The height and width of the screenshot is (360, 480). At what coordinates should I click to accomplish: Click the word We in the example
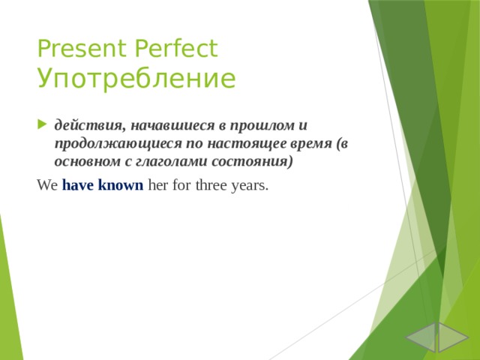[x=46, y=185]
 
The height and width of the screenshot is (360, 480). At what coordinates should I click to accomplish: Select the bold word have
[x=78, y=185]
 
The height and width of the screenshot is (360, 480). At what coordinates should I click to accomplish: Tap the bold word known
[x=121, y=185]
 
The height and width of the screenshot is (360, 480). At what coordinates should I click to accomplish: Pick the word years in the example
[x=250, y=185]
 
